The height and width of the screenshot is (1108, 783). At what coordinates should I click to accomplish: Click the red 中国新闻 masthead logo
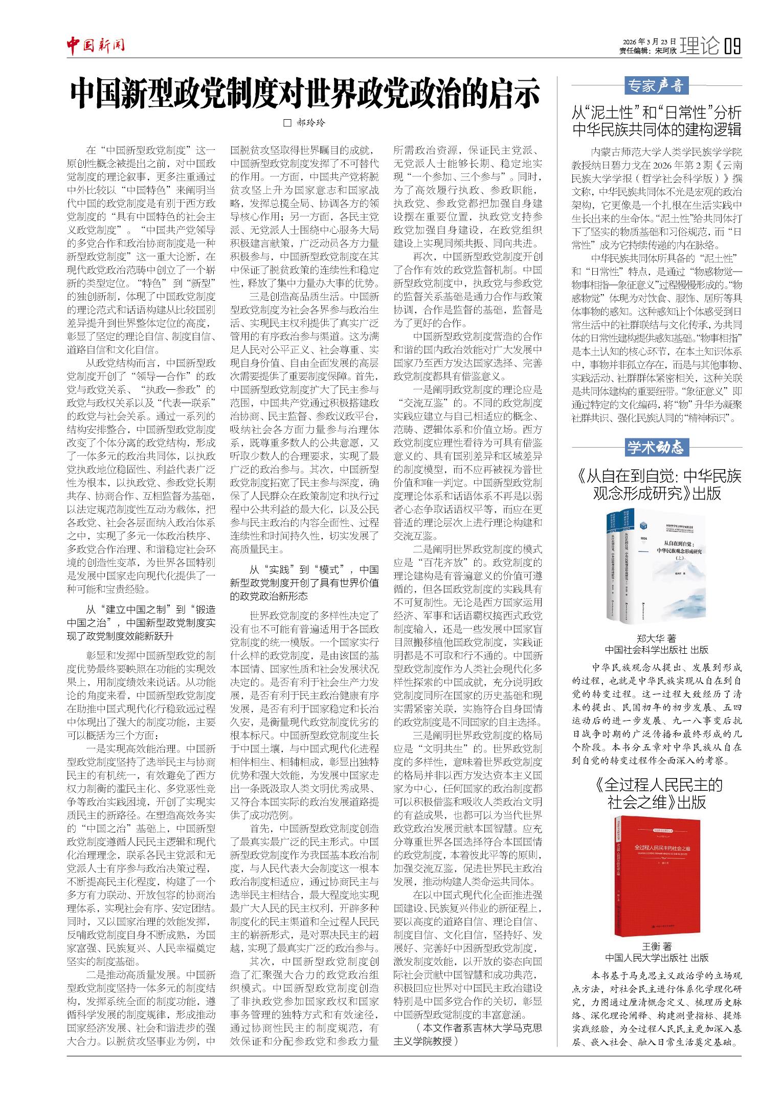pyautogui.click(x=96, y=47)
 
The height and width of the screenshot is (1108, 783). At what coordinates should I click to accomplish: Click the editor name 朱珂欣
pyautogui.click(x=665, y=51)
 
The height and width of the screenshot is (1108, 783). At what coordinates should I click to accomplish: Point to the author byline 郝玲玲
pyautogui.click(x=311, y=123)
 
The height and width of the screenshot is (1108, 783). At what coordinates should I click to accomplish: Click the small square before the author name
pyautogui.click(x=287, y=123)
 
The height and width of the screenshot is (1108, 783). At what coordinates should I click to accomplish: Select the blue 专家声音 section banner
pyautogui.click(x=656, y=85)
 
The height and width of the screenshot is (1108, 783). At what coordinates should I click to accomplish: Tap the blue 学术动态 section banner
pyautogui.click(x=656, y=447)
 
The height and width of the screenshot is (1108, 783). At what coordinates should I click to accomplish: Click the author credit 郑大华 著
pyautogui.click(x=656, y=638)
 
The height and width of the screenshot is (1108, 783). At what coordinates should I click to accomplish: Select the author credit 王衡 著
pyautogui.click(x=656, y=946)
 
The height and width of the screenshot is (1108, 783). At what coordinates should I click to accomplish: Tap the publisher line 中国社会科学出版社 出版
pyautogui.click(x=656, y=650)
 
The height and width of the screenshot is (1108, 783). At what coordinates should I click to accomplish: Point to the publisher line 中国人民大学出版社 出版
pyautogui.click(x=656, y=957)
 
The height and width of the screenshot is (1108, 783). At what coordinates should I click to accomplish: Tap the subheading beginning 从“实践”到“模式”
pyautogui.click(x=305, y=583)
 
